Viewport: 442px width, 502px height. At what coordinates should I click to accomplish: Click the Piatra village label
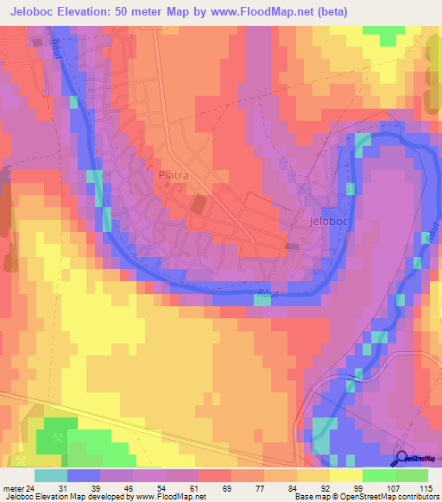[174, 175]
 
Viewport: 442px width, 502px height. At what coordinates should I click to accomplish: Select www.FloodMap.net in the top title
[283, 12]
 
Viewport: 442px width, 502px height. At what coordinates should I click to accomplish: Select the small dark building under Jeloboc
[292, 248]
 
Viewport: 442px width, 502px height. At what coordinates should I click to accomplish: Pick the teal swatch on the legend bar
[50, 475]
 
